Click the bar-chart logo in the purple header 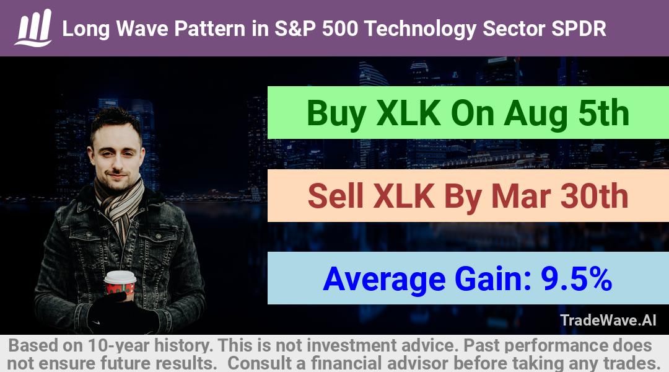pos(33,28)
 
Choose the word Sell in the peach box pos(335,196)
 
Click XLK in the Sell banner pos(404,196)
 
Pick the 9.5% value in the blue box pos(576,279)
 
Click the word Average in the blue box pos(384,280)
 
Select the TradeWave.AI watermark pos(608,320)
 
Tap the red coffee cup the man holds pos(120,285)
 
